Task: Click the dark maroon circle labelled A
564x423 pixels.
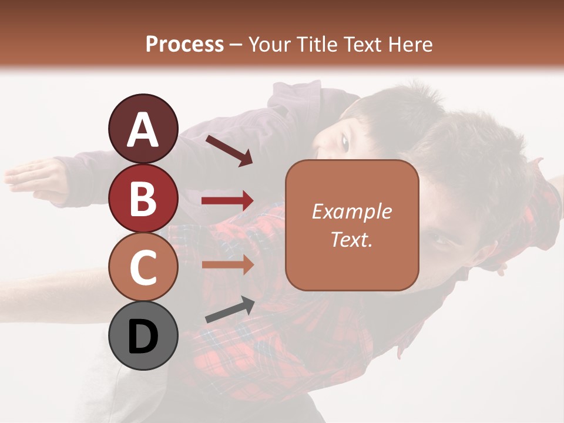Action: (143, 129)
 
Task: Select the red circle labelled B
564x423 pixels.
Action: (143, 198)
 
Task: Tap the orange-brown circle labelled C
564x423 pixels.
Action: (143, 267)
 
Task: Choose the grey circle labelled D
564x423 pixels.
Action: (143, 335)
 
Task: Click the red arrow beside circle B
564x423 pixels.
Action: (227, 201)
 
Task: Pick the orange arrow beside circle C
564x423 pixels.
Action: (227, 265)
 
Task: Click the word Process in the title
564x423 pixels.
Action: (184, 44)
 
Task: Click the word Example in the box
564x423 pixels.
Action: (351, 211)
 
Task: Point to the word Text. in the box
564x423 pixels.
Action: (351, 239)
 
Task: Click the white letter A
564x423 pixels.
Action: (143, 130)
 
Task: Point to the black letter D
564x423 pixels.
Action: (143, 337)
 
